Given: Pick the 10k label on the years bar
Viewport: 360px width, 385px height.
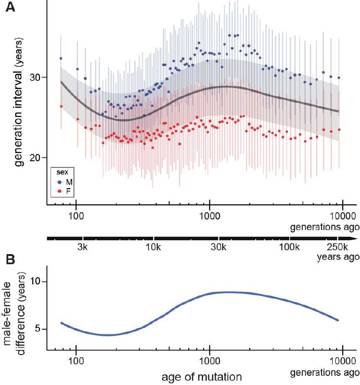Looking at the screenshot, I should coord(153,247).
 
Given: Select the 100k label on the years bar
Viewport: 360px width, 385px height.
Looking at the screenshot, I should coord(289,247).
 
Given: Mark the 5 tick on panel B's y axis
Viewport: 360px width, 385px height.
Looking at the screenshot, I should coord(39,330).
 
